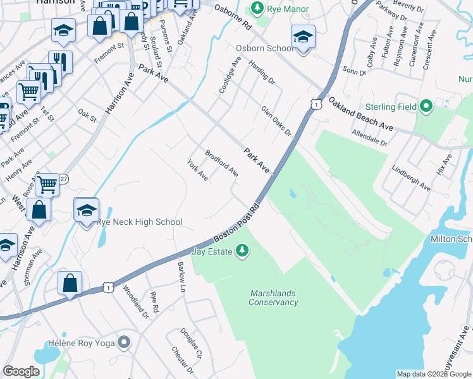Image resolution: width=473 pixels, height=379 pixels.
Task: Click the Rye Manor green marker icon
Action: (257, 8)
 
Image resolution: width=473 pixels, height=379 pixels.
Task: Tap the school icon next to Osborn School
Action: (303, 39)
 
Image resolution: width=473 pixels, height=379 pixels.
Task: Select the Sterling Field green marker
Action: (426, 107)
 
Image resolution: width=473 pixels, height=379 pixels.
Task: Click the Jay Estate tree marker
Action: (242, 252)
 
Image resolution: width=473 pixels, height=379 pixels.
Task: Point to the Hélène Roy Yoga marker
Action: (124, 343)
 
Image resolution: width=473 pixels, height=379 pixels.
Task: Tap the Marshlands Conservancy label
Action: (273, 298)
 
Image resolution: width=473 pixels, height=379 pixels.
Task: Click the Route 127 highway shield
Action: (64, 179)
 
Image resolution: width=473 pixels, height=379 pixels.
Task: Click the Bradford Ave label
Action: (221, 163)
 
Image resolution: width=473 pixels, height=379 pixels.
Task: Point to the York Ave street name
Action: (198, 169)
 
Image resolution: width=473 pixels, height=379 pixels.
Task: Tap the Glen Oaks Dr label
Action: (276, 121)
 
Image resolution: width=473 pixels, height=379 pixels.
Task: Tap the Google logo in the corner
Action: (21, 371)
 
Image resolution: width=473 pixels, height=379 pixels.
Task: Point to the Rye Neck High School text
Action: (138, 222)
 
